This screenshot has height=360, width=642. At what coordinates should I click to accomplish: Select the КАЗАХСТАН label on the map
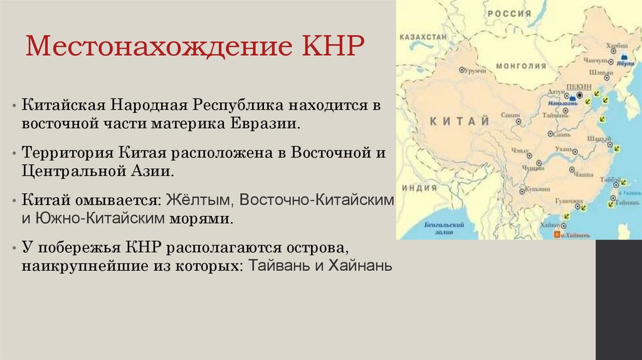(423, 37)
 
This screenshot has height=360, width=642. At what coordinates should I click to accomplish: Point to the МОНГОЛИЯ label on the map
(521, 65)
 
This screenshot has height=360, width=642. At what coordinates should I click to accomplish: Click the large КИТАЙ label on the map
(460, 121)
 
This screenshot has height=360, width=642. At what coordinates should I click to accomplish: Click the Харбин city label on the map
(618, 45)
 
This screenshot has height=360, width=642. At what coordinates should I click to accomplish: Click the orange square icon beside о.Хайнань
(556, 234)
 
